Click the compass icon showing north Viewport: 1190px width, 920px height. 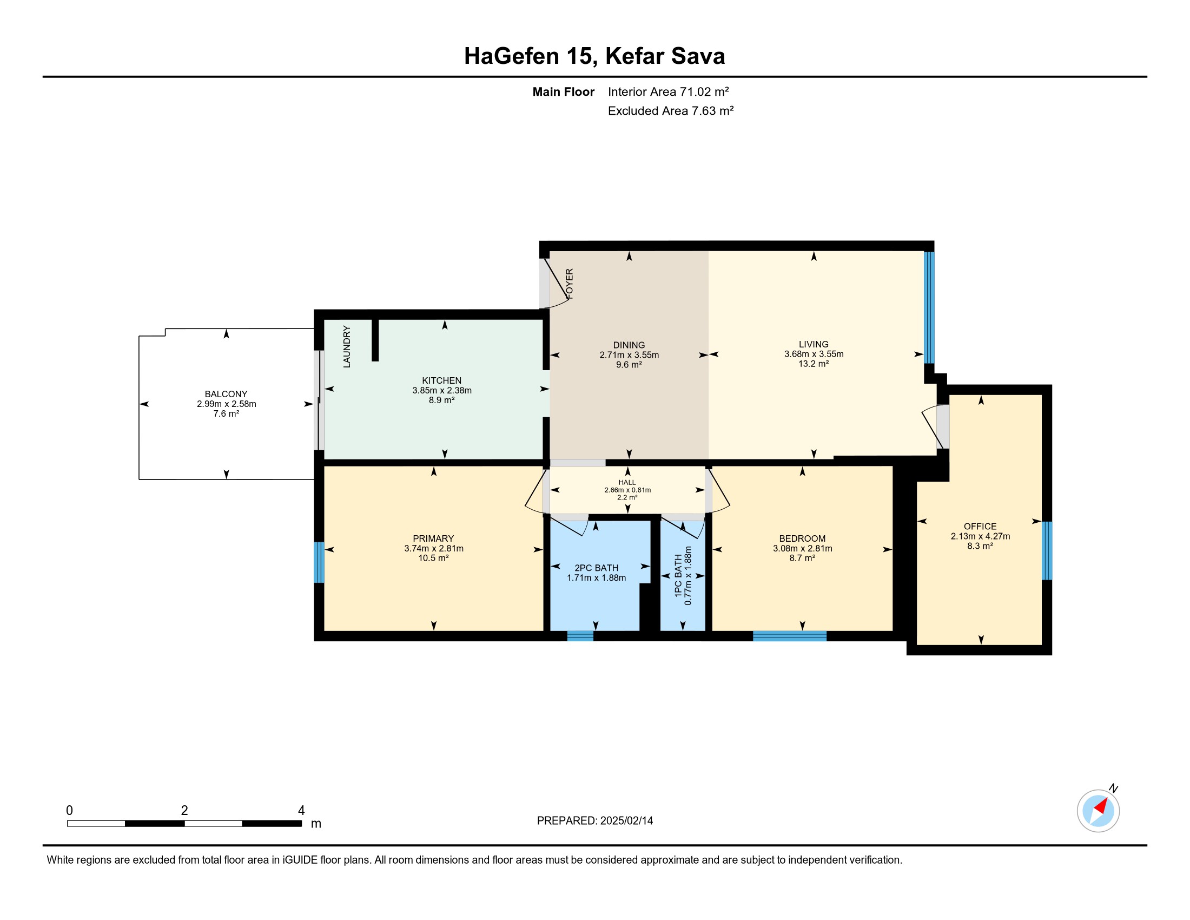tap(1098, 811)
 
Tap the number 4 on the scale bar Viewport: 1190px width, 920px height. tap(301, 811)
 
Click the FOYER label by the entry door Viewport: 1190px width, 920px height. tap(570, 284)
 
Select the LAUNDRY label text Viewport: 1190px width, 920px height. tap(347, 347)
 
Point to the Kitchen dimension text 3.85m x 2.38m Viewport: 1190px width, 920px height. tap(442, 390)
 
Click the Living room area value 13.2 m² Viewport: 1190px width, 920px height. tap(814, 364)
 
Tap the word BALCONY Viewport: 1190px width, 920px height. tap(226, 394)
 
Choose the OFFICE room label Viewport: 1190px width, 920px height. tap(980, 527)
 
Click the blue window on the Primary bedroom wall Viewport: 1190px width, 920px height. tap(319, 562)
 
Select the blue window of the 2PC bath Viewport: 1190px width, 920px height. tap(580, 636)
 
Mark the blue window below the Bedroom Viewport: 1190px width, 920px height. tap(790, 636)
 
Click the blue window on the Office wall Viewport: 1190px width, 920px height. tap(1047, 550)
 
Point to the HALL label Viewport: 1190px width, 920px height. tap(627, 482)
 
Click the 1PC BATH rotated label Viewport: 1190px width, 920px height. tap(678, 576)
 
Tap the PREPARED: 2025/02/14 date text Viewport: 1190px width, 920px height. tap(595, 821)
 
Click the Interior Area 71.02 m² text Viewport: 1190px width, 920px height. tap(669, 91)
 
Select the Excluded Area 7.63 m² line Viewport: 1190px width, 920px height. tap(671, 110)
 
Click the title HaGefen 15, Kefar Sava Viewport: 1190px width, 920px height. tap(594, 56)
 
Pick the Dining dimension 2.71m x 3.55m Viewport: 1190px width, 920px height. tap(629, 355)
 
